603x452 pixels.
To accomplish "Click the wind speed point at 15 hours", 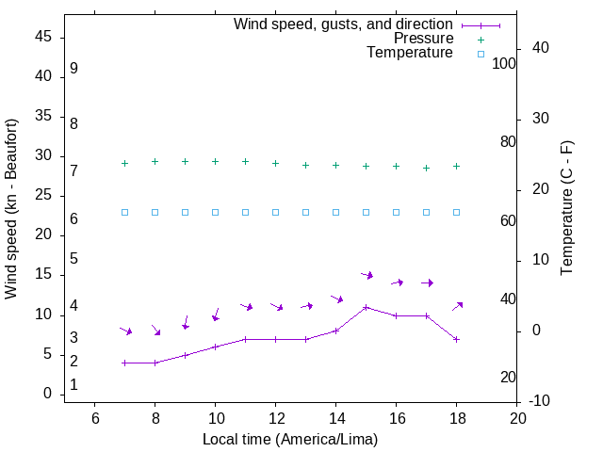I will pos(366,307).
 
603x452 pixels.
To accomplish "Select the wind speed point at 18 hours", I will pos(456,339).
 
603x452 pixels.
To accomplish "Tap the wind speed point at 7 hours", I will pos(124,363).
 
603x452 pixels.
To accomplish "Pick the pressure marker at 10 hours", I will pos(215,162).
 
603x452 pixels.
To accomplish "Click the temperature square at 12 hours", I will pos(275,212).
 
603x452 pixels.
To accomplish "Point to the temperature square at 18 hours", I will pos(456,212).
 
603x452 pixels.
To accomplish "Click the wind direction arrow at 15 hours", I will pos(367,275).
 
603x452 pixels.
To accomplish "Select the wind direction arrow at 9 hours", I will pos(186,323).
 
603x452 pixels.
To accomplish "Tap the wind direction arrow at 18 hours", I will pos(458,306).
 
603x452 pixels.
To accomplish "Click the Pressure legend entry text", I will pos(423,39).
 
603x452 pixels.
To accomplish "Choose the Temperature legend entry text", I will pos(410,54).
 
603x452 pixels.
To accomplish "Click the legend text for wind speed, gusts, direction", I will pos(344,24).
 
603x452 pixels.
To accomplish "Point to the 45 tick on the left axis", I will pos(42,37).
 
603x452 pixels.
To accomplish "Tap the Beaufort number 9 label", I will pos(73,69).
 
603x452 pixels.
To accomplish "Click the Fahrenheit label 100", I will pos(504,64).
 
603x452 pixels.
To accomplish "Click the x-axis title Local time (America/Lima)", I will pos(290,438).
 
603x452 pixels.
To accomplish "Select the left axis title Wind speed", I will pos(11,209).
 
